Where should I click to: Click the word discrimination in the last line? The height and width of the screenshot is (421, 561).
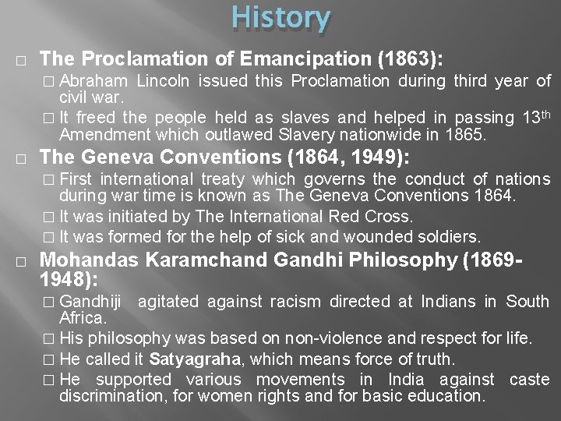click(x=108, y=395)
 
